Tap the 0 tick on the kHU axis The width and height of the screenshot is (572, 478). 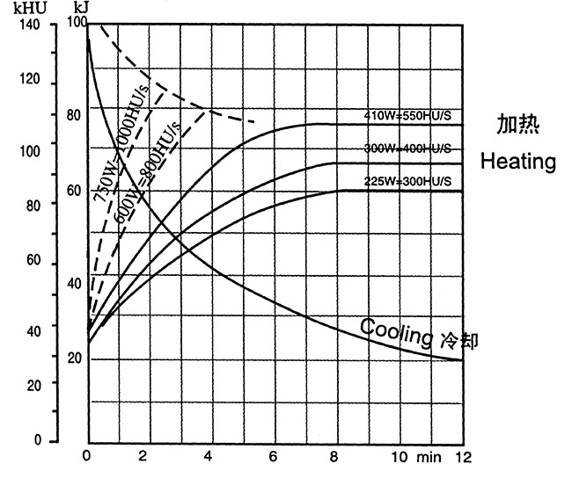pos(37,440)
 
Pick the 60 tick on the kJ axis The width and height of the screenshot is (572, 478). pos(74,190)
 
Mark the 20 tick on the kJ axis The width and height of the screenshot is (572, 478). pos(74,358)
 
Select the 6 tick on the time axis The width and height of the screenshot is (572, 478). pos(274,456)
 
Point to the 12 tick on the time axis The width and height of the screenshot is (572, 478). pos(463,456)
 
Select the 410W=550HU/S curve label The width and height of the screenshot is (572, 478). pos(407,115)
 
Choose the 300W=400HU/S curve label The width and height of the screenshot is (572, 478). pos(407,147)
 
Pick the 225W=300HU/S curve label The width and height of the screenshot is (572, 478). pos(407,181)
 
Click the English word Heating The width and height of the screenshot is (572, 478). pos(517,162)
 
